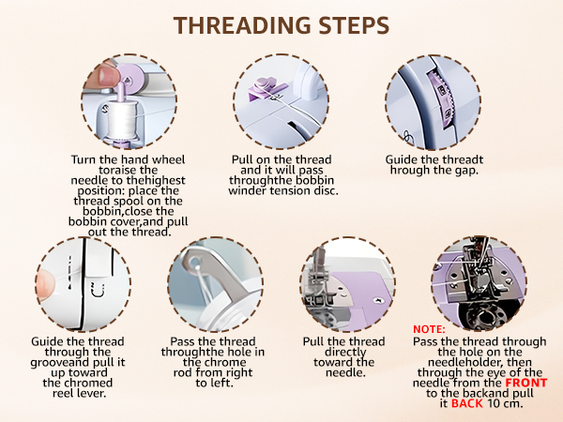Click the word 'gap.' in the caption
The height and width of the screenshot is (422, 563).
[x=466, y=172]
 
